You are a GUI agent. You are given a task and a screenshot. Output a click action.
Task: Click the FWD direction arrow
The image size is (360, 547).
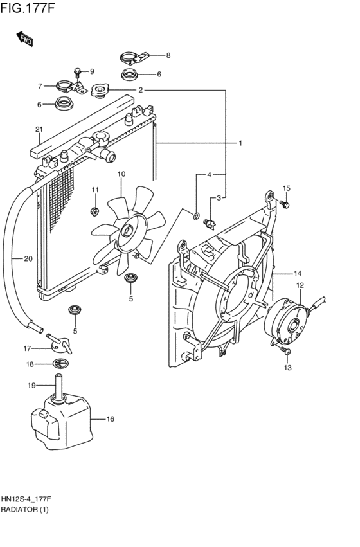(x=25, y=39)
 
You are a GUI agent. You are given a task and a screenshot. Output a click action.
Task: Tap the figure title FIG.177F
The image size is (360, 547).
(x=28, y=8)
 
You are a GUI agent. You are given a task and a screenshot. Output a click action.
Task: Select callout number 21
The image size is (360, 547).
(x=39, y=129)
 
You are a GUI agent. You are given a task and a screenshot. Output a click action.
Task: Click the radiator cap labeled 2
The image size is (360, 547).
(x=100, y=91)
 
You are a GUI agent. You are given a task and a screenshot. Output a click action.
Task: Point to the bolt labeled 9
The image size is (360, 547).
(x=78, y=73)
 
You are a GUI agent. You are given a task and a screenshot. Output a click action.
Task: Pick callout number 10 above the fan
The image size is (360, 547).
(x=121, y=174)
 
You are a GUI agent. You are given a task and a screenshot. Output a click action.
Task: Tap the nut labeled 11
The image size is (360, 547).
(x=94, y=211)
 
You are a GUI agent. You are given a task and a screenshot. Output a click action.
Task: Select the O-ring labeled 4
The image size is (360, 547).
(x=196, y=216)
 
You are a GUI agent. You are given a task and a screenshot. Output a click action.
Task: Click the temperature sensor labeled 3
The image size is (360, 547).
(x=210, y=224)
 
